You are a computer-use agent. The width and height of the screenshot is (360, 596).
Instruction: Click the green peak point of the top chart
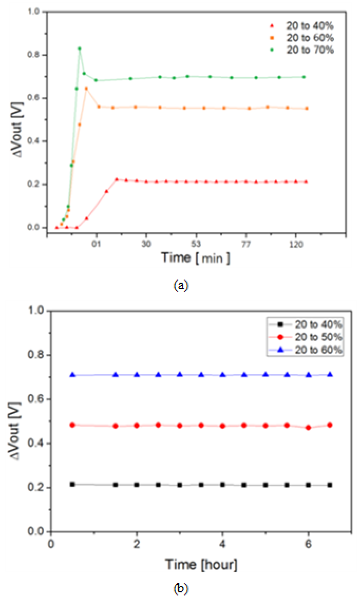[x=79, y=49]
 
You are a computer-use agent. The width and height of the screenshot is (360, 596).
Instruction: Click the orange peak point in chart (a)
[x=87, y=89]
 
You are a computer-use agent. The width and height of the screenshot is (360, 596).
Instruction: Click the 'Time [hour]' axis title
[x=201, y=565]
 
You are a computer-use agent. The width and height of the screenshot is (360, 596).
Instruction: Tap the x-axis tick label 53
[x=196, y=244]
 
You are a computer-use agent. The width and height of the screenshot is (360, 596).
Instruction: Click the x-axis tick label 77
[x=247, y=244]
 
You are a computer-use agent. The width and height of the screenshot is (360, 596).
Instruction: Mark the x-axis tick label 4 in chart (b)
[x=223, y=544]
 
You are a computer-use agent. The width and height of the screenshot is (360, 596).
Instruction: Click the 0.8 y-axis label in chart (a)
[x=34, y=55]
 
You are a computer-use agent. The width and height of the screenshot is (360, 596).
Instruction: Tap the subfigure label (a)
[x=180, y=285]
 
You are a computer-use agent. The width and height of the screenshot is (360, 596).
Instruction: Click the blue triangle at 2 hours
[x=137, y=375]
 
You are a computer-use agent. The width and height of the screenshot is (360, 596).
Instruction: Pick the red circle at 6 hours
[x=309, y=428]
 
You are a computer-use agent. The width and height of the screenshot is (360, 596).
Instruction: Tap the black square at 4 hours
[x=223, y=484]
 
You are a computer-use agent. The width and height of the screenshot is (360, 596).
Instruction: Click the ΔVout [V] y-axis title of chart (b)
[x=16, y=422]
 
